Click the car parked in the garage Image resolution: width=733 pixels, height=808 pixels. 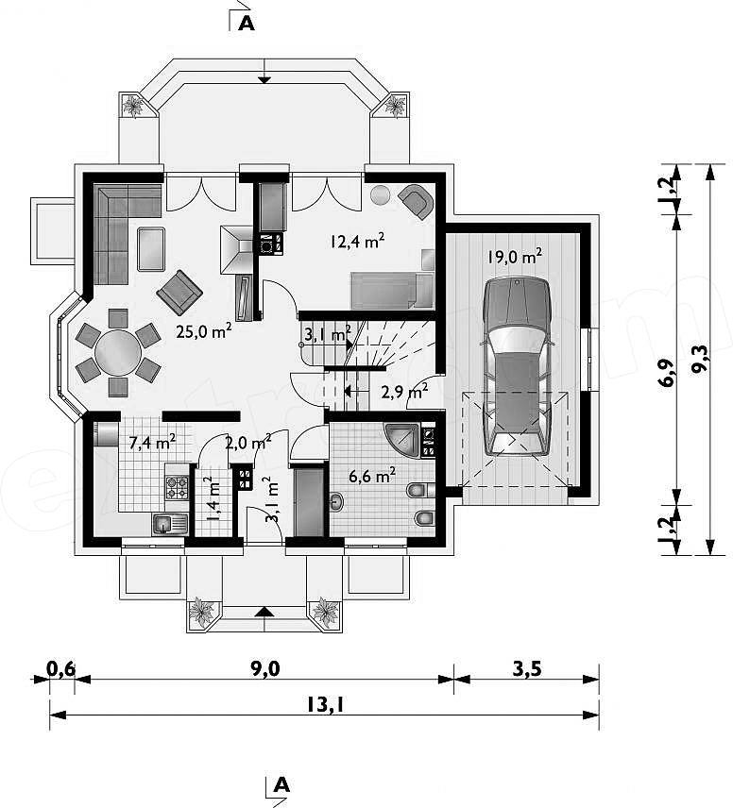coord(518,366)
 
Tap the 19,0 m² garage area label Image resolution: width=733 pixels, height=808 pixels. coord(515,256)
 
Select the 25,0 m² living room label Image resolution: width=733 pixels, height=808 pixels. coord(203,330)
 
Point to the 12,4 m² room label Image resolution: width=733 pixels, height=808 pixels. coord(357,241)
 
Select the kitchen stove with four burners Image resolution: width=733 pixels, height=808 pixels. coord(177,488)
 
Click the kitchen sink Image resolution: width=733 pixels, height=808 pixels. coord(169,524)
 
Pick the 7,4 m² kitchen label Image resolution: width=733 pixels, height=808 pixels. coord(152,442)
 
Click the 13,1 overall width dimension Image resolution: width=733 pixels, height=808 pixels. coord(324,704)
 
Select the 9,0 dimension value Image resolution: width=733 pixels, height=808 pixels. coord(265,668)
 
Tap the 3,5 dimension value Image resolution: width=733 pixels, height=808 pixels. coord(527,668)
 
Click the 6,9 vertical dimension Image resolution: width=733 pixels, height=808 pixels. coord(668,373)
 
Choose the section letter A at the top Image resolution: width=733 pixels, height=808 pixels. coord(247,24)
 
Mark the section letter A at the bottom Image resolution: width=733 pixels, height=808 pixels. coord(281,784)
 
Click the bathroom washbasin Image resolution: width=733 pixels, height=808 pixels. coord(337,500)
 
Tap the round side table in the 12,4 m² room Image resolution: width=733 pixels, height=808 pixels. coord(382,194)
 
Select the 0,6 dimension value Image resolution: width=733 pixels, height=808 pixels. coord(60,668)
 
